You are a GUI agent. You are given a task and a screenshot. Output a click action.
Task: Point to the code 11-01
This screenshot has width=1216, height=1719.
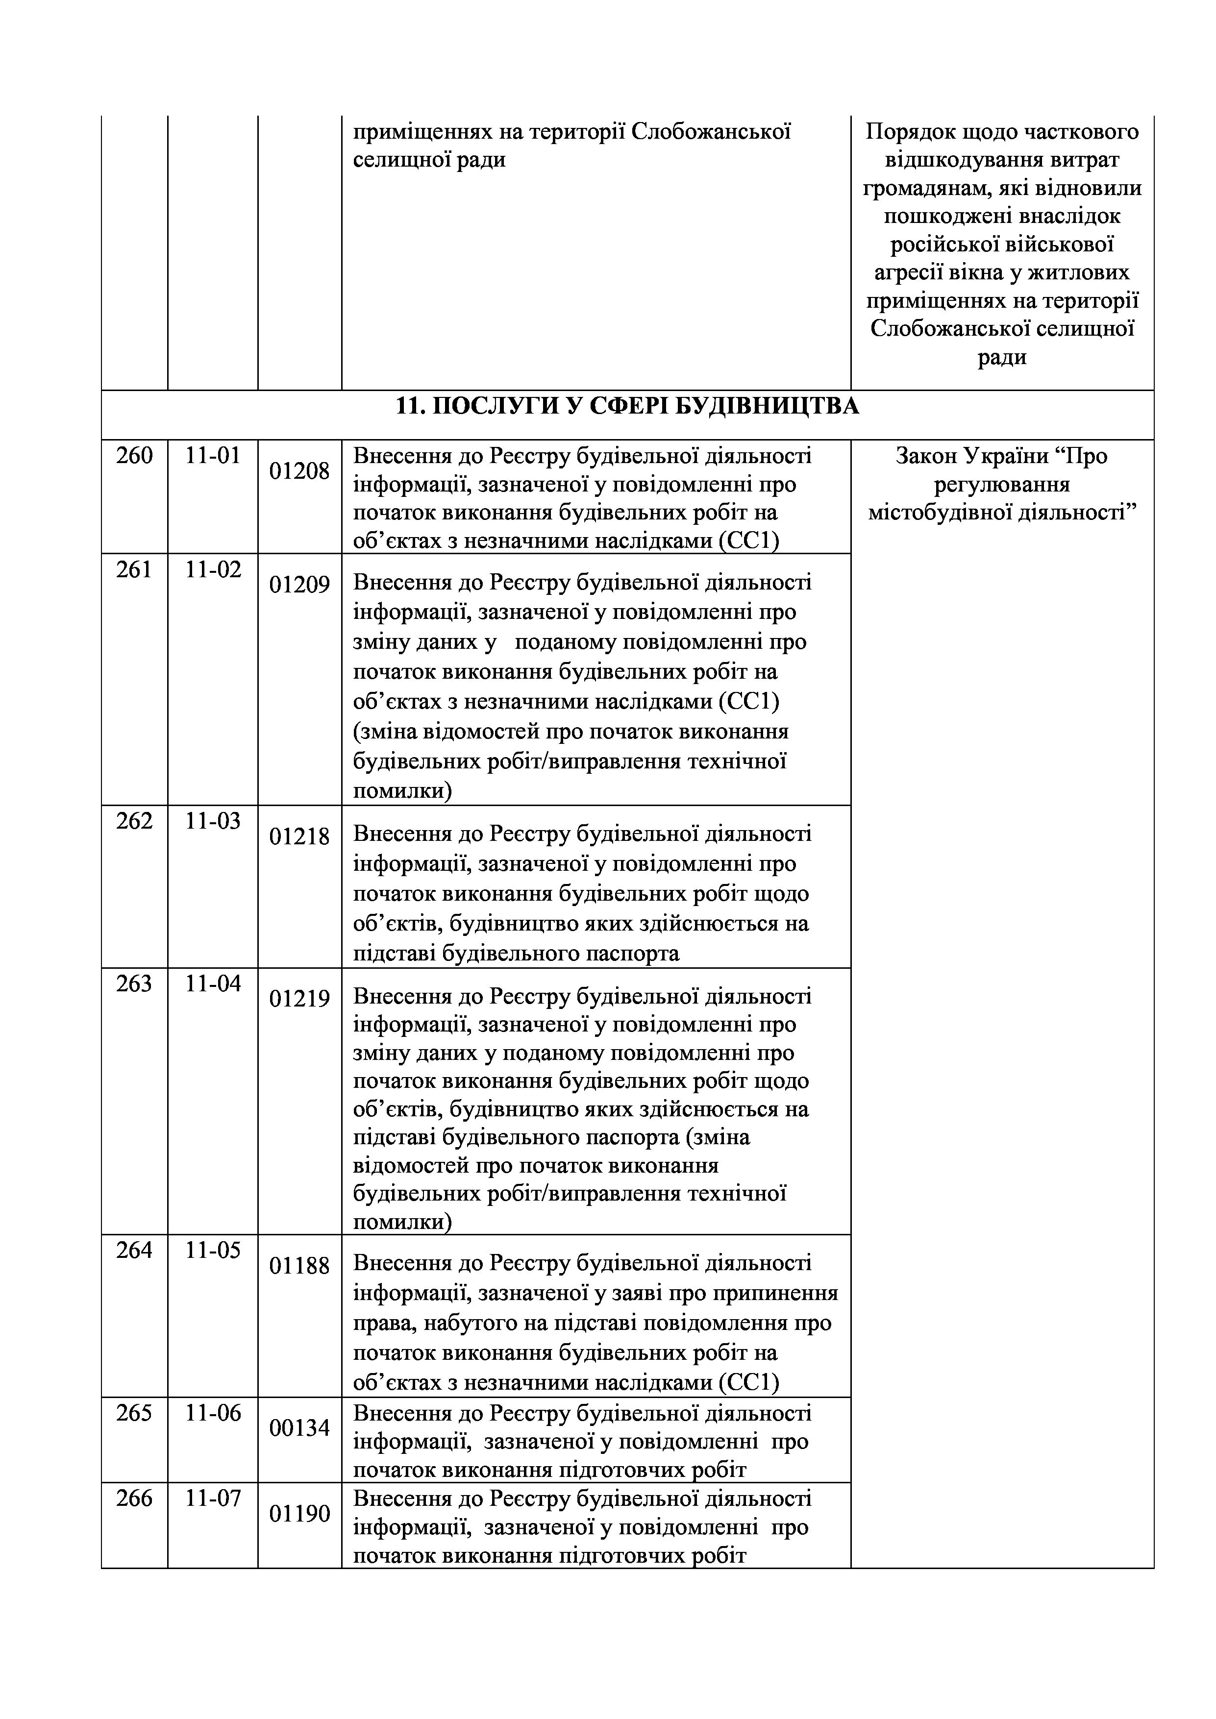[213, 455]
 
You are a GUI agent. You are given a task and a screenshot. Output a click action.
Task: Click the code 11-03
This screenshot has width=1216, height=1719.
[213, 821]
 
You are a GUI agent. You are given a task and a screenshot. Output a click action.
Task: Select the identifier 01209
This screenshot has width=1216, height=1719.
[299, 585]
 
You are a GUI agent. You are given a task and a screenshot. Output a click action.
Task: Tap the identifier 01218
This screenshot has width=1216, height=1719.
[299, 836]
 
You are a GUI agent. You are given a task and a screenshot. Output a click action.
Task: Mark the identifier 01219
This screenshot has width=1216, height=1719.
[299, 999]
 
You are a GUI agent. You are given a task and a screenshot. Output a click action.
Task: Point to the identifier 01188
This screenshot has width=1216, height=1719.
[299, 1266]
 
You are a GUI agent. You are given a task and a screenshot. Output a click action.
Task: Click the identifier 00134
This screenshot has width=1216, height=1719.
[299, 1428]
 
